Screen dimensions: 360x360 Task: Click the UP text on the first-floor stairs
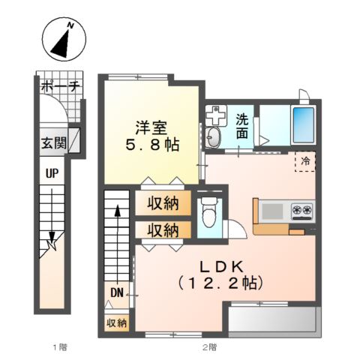(x=53, y=173)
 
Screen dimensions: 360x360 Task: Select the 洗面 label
(x=244, y=126)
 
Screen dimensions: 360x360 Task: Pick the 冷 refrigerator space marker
(x=306, y=160)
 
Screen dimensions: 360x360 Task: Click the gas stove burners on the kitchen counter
(x=301, y=209)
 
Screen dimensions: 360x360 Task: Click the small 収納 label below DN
(x=116, y=322)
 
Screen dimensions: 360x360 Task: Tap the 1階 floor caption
(x=59, y=346)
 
